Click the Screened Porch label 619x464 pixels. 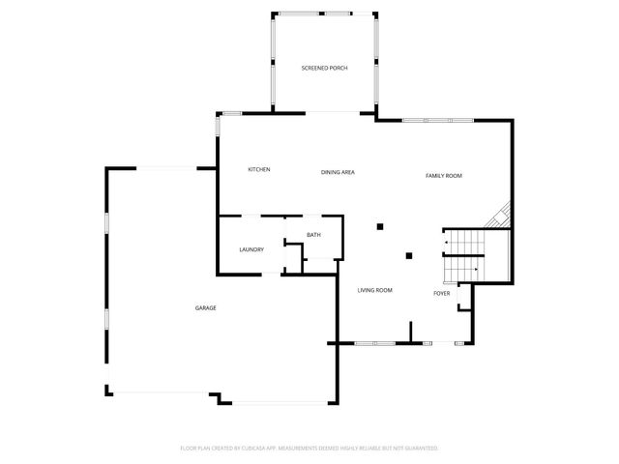(x=324, y=68)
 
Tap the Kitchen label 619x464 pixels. (x=258, y=170)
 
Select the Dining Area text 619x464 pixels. (x=339, y=172)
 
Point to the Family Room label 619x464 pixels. (x=444, y=176)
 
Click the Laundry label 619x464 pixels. (x=251, y=250)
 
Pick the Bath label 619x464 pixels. (x=313, y=236)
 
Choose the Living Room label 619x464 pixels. (x=374, y=290)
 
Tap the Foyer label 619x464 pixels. (x=441, y=293)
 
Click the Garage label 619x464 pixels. (x=205, y=308)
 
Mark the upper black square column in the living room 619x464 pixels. (x=381, y=226)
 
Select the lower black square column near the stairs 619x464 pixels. (x=410, y=256)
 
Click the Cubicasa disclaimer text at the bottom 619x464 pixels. (x=309, y=448)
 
